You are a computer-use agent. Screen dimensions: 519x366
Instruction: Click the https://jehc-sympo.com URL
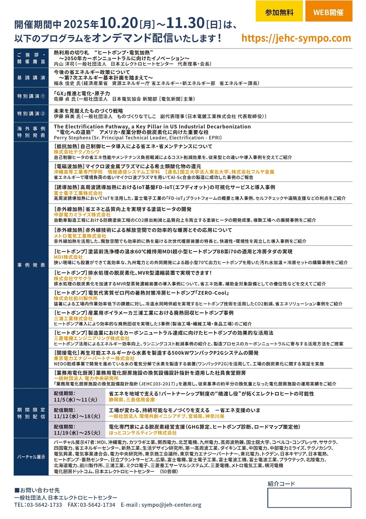(x=296, y=38)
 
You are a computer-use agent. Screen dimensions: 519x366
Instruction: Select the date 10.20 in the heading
(x=119, y=23)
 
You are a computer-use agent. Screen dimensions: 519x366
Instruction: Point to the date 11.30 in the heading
(x=185, y=23)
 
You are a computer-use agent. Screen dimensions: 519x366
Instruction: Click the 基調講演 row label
(x=31, y=78)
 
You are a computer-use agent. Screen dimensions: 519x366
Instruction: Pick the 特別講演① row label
(x=31, y=96)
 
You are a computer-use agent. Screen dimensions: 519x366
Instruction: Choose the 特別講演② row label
(x=31, y=114)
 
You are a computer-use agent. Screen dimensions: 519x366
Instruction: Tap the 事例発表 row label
(x=31, y=265)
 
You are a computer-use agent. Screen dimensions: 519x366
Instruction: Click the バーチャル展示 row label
(x=31, y=457)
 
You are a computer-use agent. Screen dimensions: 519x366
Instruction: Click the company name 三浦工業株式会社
(x=73, y=319)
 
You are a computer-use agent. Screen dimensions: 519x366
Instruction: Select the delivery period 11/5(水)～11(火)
(x=75, y=400)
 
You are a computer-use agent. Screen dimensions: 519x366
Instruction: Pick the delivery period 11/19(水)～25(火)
(x=77, y=433)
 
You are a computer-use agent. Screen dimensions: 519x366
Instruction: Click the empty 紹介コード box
(x=309, y=497)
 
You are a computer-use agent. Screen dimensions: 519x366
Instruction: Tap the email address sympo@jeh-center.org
(x=171, y=505)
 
